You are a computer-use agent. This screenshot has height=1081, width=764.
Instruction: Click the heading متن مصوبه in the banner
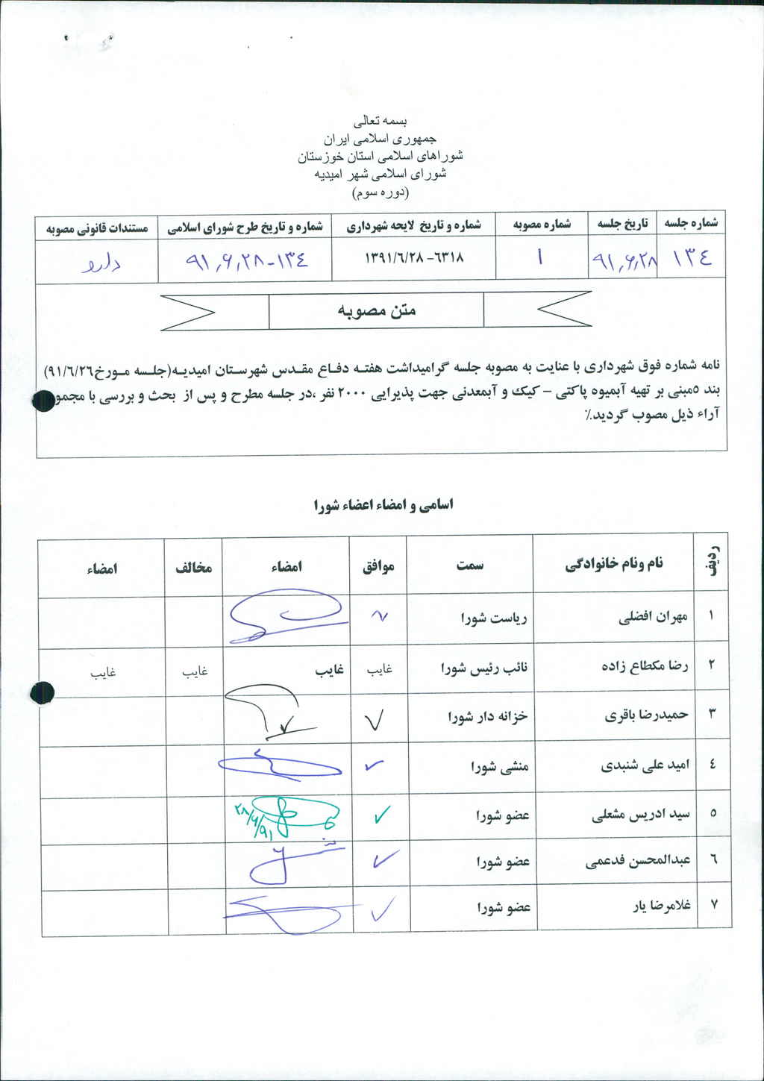pos(376,310)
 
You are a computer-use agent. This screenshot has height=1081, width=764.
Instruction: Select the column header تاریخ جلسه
pos(623,223)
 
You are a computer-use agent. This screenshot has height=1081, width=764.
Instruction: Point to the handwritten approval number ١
pos(539,257)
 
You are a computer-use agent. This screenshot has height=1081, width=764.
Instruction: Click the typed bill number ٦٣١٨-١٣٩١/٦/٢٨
pos(414,257)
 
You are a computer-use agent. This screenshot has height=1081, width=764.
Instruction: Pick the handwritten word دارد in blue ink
pos(101,263)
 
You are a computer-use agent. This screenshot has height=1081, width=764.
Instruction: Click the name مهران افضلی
pos(653,617)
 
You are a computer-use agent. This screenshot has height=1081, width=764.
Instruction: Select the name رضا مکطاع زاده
pos(645,665)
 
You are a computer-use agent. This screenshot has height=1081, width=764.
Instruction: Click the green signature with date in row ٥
pos(284,817)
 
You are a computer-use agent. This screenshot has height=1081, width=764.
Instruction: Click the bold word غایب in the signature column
pos(329,670)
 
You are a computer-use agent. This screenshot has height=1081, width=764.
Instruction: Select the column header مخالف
pos(193,568)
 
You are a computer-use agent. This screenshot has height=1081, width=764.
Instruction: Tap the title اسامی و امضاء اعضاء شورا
pos(383,505)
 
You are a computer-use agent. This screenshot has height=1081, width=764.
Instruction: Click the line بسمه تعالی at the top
pos(381,120)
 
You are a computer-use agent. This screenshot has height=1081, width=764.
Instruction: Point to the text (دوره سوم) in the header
pos(381,192)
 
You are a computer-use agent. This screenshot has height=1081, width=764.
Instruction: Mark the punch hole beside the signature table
pos(42,693)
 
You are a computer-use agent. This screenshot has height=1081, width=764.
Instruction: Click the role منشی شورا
pos(499,765)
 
